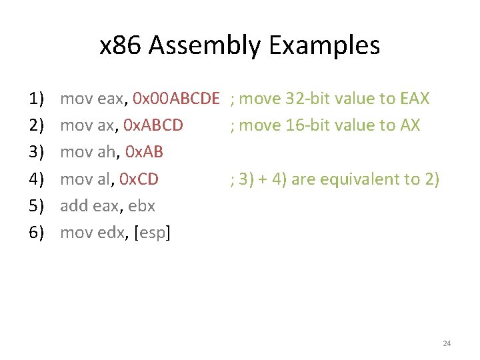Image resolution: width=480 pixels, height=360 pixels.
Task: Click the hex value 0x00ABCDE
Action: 176,99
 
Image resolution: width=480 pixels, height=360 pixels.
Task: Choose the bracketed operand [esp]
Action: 153,233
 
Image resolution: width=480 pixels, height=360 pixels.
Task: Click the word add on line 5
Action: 73,206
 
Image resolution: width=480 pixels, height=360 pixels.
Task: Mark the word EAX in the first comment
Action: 415,99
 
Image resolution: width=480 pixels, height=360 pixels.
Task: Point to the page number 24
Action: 447,343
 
